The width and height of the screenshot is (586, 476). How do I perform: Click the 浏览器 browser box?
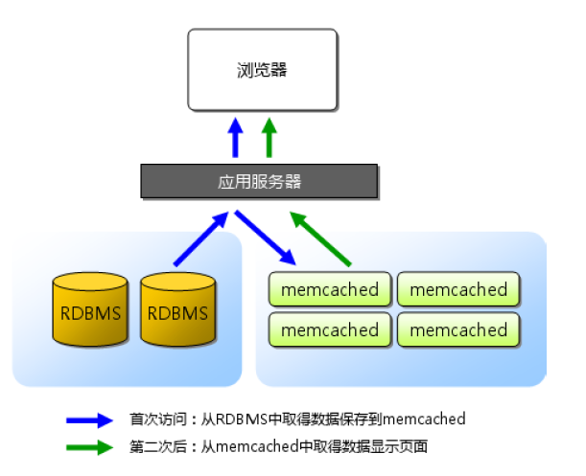(x=262, y=69)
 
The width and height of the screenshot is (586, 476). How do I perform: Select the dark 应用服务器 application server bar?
(x=260, y=181)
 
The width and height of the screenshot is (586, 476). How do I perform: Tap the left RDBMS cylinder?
(x=91, y=309)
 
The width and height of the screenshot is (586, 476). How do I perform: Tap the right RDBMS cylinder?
(x=177, y=309)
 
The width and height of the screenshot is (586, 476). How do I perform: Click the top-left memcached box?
(x=330, y=289)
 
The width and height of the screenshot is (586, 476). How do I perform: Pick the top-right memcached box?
(x=458, y=289)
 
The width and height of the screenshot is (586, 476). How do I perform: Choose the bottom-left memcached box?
(x=330, y=329)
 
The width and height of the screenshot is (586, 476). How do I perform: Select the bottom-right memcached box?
(x=458, y=329)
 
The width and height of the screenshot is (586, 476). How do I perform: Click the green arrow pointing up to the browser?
(x=270, y=137)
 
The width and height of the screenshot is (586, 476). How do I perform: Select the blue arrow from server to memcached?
(x=266, y=237)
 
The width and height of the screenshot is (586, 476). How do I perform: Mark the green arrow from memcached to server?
(x=322, y=238)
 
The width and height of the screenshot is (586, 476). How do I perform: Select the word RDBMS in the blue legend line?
(x=241, y=419)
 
